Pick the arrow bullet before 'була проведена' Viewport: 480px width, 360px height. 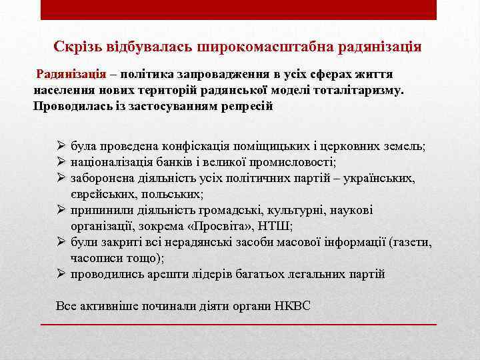(x=61, y=146)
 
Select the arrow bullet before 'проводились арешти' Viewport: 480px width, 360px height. (x=61, y=274)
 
